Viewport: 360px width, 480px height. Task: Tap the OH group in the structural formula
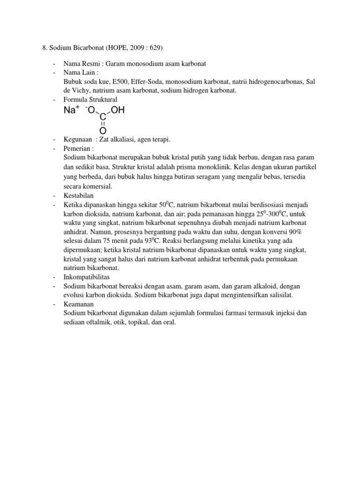(x=118, y=111)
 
